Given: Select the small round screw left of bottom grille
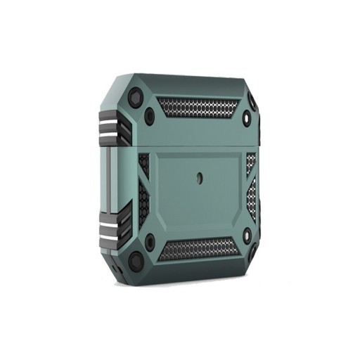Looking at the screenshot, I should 149,243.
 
